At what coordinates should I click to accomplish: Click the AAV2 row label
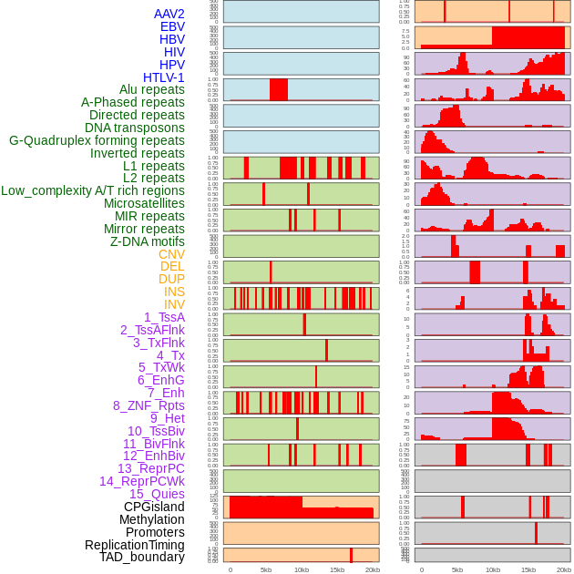pyautogui.click(x=169, y=14)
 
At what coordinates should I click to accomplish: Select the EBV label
pyautogui.click(x=172, y=26)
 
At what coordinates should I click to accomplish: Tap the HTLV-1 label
pyautogui.click(x=164, y=77)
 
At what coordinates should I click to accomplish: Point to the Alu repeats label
pyautogui.click(x=152, y=89)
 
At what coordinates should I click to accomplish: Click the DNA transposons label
pyautogui.click(x=135, y=128)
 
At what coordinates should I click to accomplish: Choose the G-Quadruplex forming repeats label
pyautogui.click(x=97, y=140)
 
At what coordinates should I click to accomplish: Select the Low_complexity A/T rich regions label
pyautogui.click(x=93, y=190)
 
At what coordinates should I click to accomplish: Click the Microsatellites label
pyautogui.click(x=144, y=203)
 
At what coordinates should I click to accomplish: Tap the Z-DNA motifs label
pyautogui.click(x=148, y=241)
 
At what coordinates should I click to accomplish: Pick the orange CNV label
pyautogui.click(x=171, y=254)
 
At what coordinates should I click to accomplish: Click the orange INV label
pyautogui.click(x=174, y=304)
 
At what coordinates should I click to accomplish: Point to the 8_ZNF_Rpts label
pyautogui.click(x=149, y=405)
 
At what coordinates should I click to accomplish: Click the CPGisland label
pyautogui.click(x=154, y=507)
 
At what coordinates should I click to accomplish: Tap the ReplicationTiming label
pyautogui.click(x=135, y=545)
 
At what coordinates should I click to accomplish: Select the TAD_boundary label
pyautogui.click(x=142, y=557)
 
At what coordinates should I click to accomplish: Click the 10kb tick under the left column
pyautogui.click(x=302, y=569)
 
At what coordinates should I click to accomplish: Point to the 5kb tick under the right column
pyautogui.click(x=457, y=569)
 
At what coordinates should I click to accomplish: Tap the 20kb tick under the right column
pyautogui.click(x=564, y=569)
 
